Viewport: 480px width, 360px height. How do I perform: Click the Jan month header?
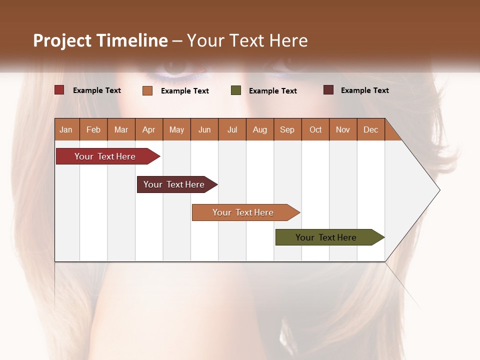pyautogui.click(x=66, y=129)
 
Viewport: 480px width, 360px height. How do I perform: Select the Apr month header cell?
pyautogui.click(x=149, y=129)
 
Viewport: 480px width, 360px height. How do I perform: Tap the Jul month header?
pyautogui.click(x=232, y=129)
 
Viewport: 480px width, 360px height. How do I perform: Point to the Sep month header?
pyautogui.click(x=287, y=129)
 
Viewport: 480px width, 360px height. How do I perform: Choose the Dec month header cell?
pyautogui.click(x=370, y=129)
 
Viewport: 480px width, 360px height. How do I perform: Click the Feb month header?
pyautogui.click(x=93, y=129)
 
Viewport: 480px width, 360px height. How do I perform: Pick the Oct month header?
pyautogui.click(x=315, y=129)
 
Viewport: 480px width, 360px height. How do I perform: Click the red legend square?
pyautogui.click(x=59, y=90)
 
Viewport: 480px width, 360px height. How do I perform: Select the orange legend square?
pyautogui.click(x=147, y=90)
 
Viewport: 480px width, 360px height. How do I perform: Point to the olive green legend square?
pyautogui.click(x=236, y=90)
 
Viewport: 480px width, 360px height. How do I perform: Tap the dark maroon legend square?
pyautogui.click(x=328, y=90)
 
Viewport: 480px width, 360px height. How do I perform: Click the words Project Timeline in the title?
pyautogui.click(x=100, y=40)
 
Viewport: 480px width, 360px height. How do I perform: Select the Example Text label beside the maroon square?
pyautogui.click(x=364, y=90)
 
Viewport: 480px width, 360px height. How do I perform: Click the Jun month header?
pyautogui.click(x=204, y=129)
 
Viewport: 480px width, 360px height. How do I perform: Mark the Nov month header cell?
pyautogui.click(x=343, y=129)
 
